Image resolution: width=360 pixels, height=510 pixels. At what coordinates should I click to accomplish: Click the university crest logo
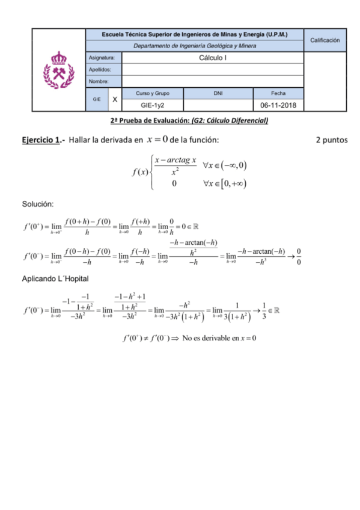coord(59,70)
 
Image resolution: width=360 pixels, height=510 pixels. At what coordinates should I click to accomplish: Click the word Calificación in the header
coord(325,40)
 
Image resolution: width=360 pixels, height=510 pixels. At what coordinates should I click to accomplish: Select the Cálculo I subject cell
coord(213,58)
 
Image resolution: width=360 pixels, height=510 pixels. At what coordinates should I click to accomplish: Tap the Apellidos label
coord(99,70)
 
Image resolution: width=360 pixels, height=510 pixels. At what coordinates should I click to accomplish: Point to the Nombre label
coord(99,81)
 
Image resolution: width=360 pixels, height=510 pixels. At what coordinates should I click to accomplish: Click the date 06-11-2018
coord(278,105)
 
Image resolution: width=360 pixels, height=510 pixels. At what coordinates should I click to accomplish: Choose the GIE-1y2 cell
coord(153,105)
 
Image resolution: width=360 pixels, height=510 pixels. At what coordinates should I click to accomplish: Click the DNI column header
coord(218,94)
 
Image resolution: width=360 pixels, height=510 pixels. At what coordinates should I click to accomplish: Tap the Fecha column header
coord(278,94)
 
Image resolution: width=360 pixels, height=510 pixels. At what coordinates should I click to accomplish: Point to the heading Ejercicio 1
coord(41,140)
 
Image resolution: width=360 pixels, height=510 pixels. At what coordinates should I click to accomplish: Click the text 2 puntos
coord(332,140)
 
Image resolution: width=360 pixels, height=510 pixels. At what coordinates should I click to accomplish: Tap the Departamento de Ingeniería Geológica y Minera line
coord(195,46)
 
